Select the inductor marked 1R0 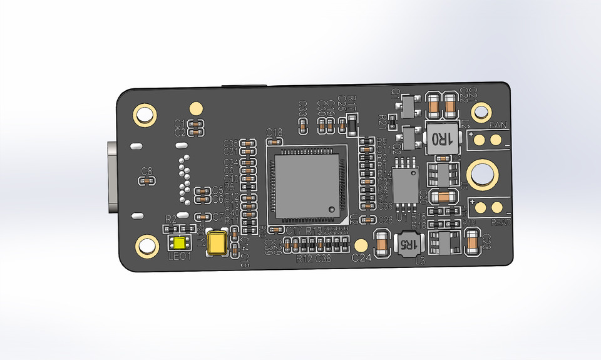click(x=438, y=136)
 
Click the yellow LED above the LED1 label click(x=182, y=244)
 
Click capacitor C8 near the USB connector click(x=148, y=180)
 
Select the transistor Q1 click(x=410, y=108)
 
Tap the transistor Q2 click(x=410, y=136)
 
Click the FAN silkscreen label click(x=498, y=125)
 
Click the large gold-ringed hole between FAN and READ click(x=483, y=173)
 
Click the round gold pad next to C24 click(x=361, y=244)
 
